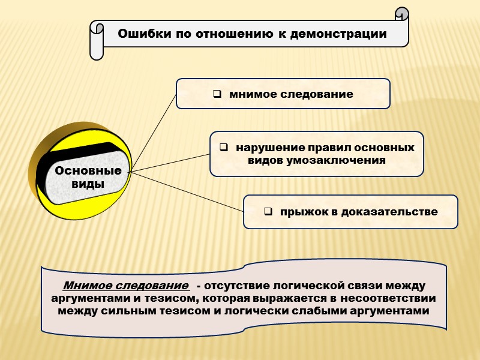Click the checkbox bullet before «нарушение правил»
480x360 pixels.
(x=224, y=148)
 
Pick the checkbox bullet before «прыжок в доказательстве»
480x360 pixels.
(x=268, y=212)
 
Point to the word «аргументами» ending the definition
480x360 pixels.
(x=391, y=311)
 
